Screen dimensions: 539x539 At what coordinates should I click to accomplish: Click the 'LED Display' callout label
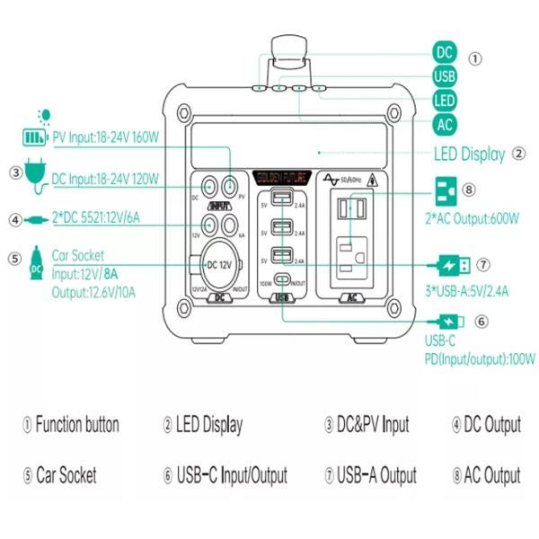click(x=469, y=154)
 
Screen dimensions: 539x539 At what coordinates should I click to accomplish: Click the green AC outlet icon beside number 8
click(x=444, y=190)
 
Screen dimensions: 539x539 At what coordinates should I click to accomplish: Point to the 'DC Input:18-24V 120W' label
click(x=104, y=180)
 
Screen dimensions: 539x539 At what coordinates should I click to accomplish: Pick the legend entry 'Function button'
click(x=71, y=425)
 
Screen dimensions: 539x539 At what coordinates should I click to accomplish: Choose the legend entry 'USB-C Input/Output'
click(x=225, y=475)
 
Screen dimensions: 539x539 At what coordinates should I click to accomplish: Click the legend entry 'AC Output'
click(x=486, y=475)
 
